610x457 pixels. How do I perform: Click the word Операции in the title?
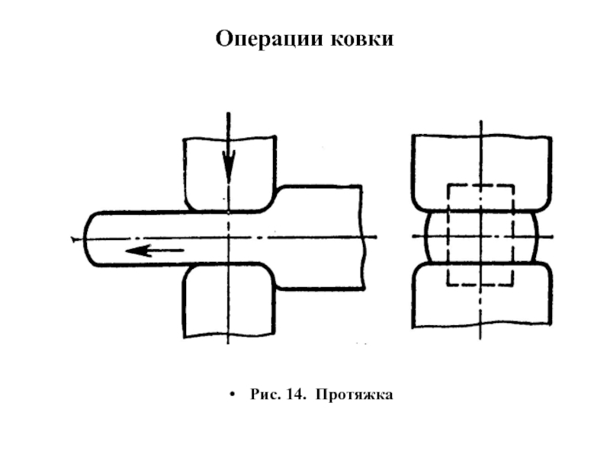269,40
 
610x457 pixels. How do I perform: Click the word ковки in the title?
362,39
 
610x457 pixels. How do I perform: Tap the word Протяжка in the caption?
354,395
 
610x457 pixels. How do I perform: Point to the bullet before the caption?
233,395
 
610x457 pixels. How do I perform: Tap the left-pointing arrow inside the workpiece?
155,251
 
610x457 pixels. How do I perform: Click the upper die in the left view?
230,174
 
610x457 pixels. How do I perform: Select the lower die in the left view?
230,300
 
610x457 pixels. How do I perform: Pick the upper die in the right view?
482,173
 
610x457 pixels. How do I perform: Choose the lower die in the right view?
482,296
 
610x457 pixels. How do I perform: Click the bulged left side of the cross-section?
427,237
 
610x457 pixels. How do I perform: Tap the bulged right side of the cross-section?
535,237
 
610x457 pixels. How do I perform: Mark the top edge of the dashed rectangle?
481,186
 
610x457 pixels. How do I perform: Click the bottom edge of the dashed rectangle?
481,286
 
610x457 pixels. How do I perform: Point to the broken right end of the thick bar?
363,237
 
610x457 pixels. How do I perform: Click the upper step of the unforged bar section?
319,187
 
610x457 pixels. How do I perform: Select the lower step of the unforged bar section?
320,289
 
